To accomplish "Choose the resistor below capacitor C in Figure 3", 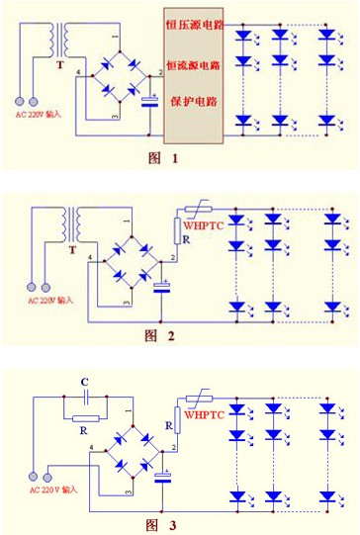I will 85,418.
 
